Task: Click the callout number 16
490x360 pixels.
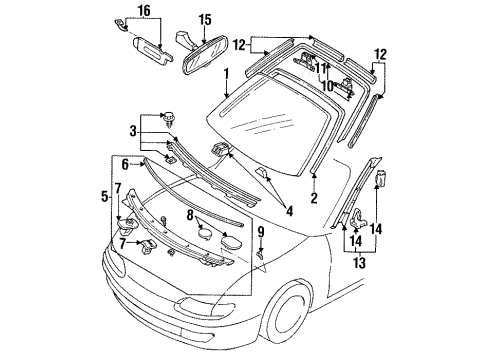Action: pyautogui.click(x=144, y=11)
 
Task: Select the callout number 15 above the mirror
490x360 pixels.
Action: pyautogui.click(x=205, y=20)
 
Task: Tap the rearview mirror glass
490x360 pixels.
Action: pyautogui.click(x=205, y=57)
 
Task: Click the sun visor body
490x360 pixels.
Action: pyautogui.click(x=152, y=51)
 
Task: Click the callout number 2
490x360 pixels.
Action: pyautogui.click(x=314, y=198)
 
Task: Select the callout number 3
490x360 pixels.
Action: pyautogui.click(x=133, y=132)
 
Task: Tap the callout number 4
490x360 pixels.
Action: pyautogui.click(x=289, y=211)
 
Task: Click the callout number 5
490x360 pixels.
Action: pyautogui.click(x=105, y=196)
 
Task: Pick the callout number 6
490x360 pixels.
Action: pyautogui.click(x=125, y=164)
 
